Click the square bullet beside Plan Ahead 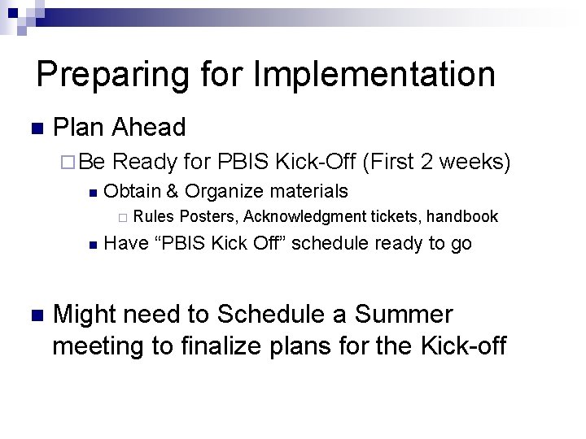click(34, 128)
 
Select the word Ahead click(149, 127)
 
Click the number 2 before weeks click(427, 162)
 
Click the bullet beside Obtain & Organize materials click(93, 193)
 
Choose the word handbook click(461, 216)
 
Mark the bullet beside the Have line click(93, 245)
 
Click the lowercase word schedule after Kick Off click(326, 243)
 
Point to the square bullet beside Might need click(34, 315)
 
